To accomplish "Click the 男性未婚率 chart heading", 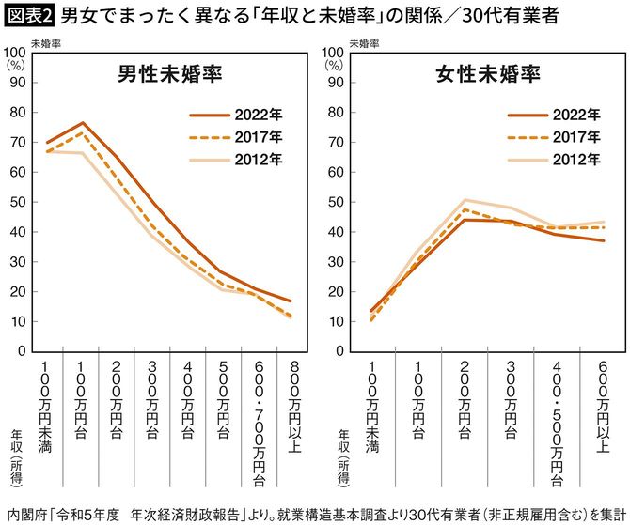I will (170, 74).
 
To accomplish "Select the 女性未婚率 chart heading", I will (489, 74).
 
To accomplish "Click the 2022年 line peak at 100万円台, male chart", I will (84, 123).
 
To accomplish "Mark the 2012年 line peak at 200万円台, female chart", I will (465, 200).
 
